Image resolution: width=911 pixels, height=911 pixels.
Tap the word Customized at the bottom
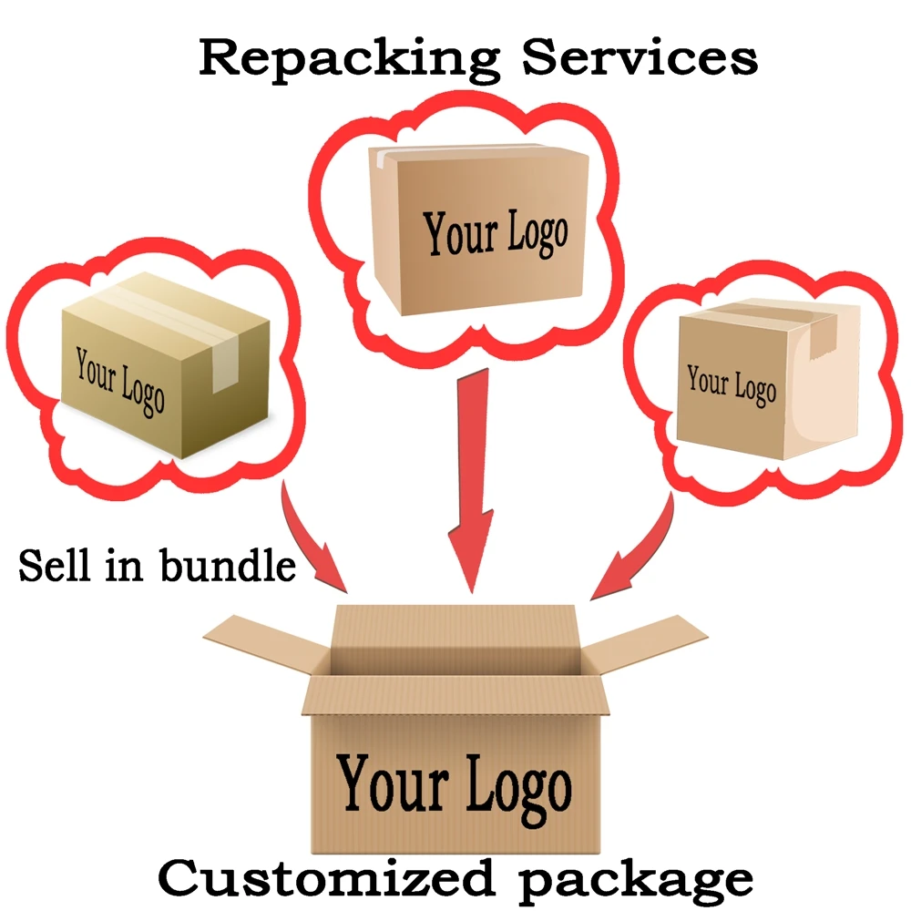[315, 878]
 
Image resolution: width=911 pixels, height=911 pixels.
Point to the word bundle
[228, 566]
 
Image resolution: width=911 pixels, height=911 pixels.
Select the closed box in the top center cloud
[478, 228]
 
